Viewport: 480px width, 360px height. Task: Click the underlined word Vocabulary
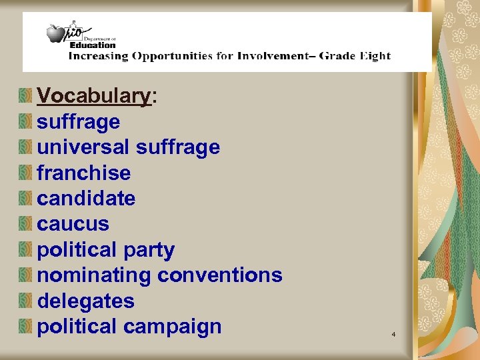[94, 97]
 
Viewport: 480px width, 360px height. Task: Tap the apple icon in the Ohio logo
[55, 32]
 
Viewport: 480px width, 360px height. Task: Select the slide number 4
[393, 333]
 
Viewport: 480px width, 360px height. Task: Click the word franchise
[83, 173]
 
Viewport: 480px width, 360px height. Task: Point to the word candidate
[86, 199]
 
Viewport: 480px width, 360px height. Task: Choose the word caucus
[73, 224]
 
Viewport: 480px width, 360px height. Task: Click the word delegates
[85, 301]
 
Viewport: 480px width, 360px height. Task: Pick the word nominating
[94, 275]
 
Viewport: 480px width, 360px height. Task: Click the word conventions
[221, 275]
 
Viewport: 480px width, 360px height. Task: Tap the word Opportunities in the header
[172, 56]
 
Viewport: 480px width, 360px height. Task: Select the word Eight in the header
[374, 56]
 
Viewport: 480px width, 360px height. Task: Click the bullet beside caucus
[25, 224]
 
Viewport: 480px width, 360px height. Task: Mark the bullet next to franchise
[25, 173]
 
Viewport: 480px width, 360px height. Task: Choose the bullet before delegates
[25, 301]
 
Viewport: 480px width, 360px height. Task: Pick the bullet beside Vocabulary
[25, 97]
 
